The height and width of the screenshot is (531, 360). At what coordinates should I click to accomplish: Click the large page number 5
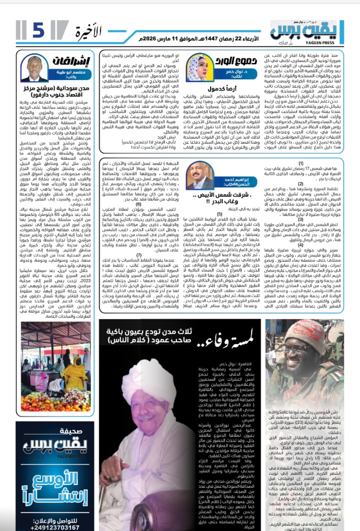[38, 30]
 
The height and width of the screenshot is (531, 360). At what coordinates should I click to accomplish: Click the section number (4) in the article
[301, 245]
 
